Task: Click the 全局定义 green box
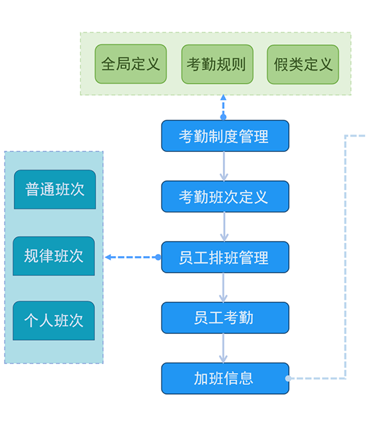tap(131, 64)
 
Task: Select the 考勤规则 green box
tap(217, 64)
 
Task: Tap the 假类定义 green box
tap(303, 65)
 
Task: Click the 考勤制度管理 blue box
tap(225, 136)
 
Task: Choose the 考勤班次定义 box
tap(225, 197)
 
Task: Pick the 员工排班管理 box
tap(225, 257)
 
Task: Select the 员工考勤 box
tap(225, 318)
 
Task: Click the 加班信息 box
tap(225, 379)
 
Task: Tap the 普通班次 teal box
tap(55, 189)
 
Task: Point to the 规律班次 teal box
tap(54, 256)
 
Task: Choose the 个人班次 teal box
tap(54, 321)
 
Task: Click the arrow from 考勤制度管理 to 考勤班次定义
tap(224, 166)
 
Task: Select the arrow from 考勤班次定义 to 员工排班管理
tap(224, 227)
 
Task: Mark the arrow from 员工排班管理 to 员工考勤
tap(223, 288)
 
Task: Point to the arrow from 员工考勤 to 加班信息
tap(223, 349)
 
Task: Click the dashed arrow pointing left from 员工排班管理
tap(131, 257)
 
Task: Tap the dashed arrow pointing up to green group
tap(223, 106)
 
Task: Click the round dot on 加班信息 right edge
tap(288, 379)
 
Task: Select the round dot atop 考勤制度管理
tap(223, 117)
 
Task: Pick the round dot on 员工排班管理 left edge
tap(158, 257)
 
